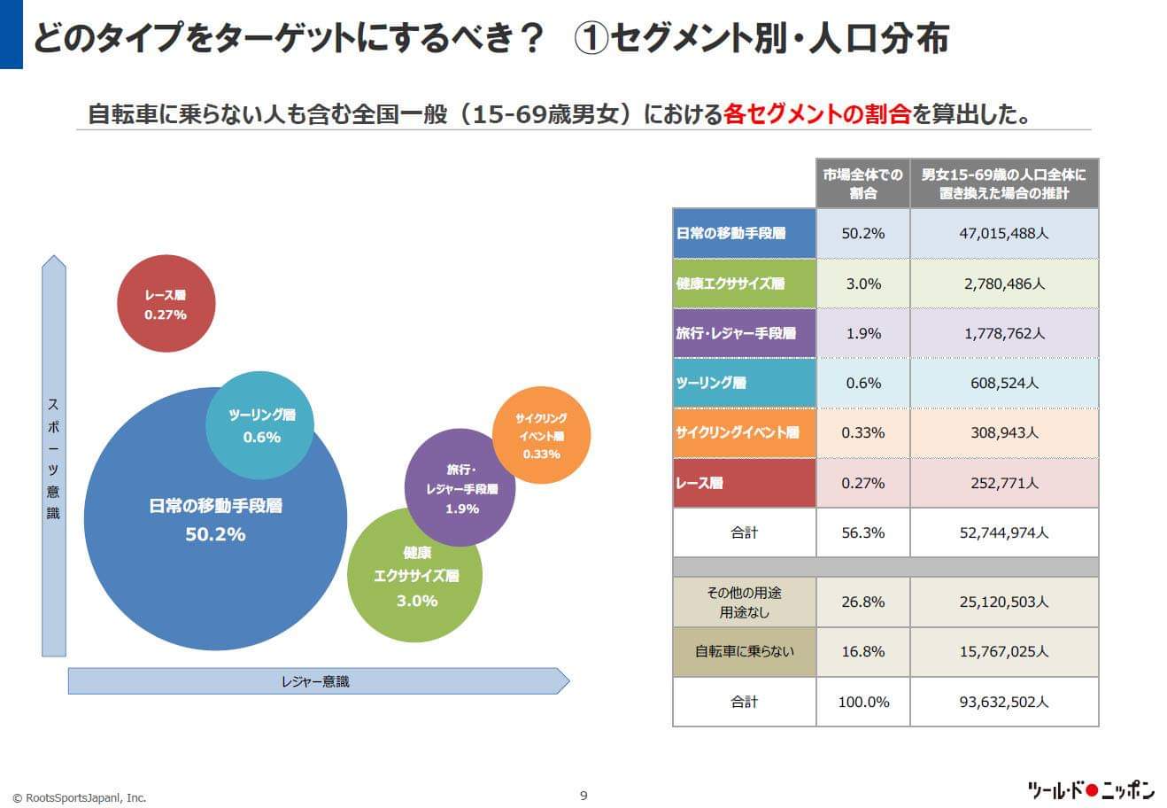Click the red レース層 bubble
tap(166, 303)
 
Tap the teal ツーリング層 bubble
tap(260, 425)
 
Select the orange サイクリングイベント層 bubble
tap(541, 435)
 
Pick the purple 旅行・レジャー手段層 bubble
tap(460, 487)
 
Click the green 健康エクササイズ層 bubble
tap(415, 576)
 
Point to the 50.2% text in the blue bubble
tap(215, 534)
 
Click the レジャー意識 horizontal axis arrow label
tap(315, 681)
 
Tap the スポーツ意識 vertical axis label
tap(53, 457)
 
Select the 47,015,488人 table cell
tap(1003, 234)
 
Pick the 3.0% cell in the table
tap(862, 284)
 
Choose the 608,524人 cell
tap(1003, 384)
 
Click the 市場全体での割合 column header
tap(862, 183)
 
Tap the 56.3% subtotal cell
tap(862, 532)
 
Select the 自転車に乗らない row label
tap(744, 651)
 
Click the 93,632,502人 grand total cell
tap(1003, 702)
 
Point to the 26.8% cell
tap(862, 602)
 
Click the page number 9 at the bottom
tap(583, 795)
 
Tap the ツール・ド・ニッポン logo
tap(1090, 790)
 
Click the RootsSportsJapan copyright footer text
tap(80, 797)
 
